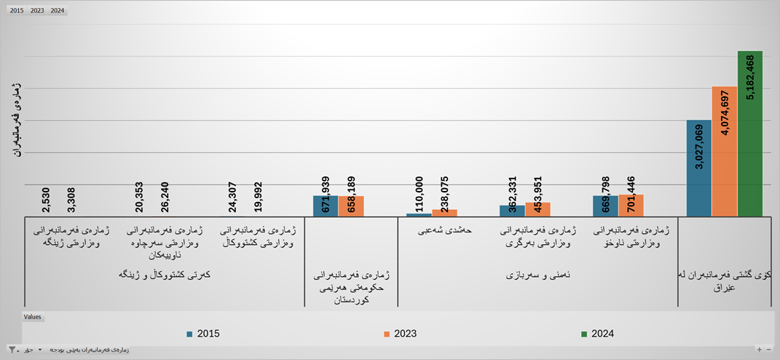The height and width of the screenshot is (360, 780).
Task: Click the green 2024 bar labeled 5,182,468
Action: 749,133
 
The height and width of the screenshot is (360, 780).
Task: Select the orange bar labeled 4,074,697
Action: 724,152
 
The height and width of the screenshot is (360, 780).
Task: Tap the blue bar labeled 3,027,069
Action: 698,168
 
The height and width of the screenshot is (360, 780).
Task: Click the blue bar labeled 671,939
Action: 326,206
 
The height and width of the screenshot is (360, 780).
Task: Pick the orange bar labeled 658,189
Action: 351,206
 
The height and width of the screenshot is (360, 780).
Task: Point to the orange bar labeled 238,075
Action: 444,213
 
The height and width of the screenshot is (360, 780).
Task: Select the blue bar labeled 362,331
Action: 512,211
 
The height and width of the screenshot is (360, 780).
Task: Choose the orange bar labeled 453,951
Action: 537,209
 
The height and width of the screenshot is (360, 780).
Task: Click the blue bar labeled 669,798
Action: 605,206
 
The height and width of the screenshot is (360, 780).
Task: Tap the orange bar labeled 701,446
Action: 631,206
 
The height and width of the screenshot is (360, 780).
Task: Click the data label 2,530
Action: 46,200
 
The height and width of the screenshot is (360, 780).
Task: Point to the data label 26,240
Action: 165,196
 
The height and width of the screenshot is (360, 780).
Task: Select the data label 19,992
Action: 258,196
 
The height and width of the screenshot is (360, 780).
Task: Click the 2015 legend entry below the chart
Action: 203,334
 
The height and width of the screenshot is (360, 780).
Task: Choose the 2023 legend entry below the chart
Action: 400,334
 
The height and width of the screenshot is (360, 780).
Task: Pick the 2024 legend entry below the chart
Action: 597,334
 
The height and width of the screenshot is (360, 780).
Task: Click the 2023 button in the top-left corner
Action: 37,11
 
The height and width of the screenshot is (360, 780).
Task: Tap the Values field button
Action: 33,317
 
